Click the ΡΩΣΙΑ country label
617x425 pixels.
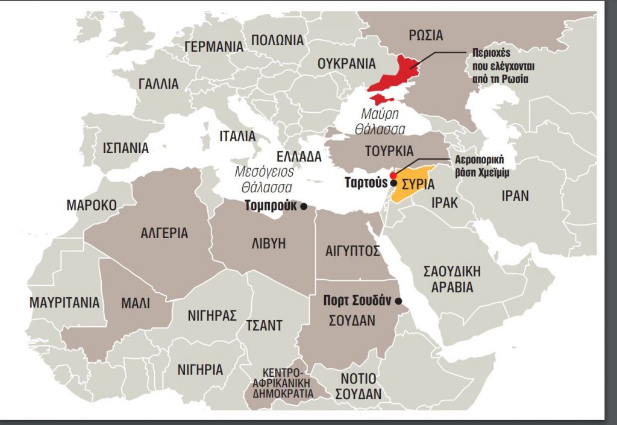click(x=425, y=36)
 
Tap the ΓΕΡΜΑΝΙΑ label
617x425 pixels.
click(x=214, y=47)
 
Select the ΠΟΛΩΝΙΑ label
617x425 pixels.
click(x=278, y=40)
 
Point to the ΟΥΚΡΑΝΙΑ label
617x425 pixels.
click(x=346, y=63)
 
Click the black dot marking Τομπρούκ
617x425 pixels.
click(x=304, y=206)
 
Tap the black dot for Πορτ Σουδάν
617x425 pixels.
click(x=398, y=301)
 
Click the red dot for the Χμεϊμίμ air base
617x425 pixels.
click(x=393, y=175)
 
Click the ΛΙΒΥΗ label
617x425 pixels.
click(x=268, y=244)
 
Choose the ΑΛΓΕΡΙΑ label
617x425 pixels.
click(x=164, y=233)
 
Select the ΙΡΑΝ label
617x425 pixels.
click(x=515, y=196)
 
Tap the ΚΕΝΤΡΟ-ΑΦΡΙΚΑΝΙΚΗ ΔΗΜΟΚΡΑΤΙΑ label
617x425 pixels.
click(x=286, y=382)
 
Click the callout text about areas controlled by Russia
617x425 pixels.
click(x=496, y=65)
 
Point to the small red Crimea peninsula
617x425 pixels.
click(x=381, y=99)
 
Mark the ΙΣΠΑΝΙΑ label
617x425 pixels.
click(x=125, y=147)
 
